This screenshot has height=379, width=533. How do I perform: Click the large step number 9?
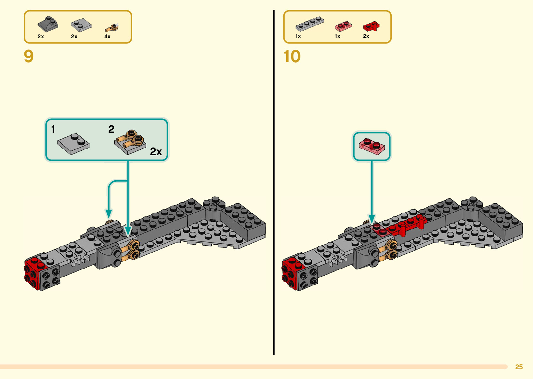coord(29,56)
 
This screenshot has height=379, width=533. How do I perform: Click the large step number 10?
coord(292,56)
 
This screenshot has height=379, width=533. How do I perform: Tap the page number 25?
coord(519,367)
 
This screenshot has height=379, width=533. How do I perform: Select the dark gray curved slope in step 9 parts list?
coord(48,24)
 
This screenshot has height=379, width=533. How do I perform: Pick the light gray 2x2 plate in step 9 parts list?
coord(81,25)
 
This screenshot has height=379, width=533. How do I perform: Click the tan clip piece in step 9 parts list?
coord(112,27)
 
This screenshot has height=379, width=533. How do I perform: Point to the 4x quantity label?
coord(107,37)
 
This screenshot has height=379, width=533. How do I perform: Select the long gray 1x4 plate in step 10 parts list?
coord(309,24)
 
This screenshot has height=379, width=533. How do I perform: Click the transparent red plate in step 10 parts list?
coord(343,26)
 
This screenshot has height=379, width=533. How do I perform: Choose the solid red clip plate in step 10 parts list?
coord(371,26)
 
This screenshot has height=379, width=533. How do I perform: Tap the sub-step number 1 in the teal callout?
coord(53,129)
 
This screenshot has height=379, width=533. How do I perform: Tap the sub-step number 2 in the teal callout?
coord(111,129)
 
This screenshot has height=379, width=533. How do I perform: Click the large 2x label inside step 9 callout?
coord(156,152)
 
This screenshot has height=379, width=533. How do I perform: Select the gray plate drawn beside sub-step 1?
coord(73,143)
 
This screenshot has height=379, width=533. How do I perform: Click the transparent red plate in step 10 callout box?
coord(372,146)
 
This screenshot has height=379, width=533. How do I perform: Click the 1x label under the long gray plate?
coord(298,36)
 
